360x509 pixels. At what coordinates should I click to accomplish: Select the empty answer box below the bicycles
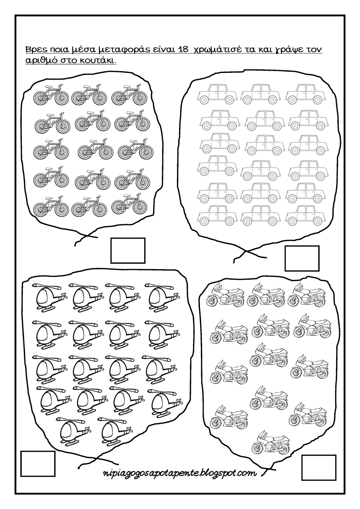[128, 251]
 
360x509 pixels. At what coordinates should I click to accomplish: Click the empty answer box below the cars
[302, 258]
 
